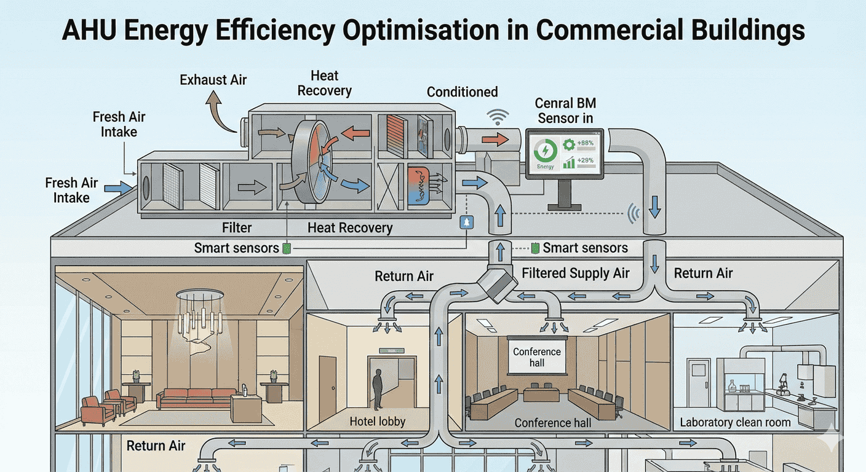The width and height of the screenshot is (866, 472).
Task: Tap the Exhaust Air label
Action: click(213, 80)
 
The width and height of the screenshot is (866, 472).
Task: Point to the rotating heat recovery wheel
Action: click(311, 162)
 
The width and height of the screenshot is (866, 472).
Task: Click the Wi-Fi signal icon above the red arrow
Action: click(498, 117)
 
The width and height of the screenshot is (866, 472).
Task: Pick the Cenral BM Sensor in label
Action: click(565, 110)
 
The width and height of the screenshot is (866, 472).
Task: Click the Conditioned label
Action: click(463, 92)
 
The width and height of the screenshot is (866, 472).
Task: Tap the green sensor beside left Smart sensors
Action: click(285, 248)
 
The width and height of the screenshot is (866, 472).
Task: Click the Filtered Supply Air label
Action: click(576, 273)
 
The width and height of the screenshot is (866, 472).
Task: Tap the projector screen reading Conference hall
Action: click(537, 357)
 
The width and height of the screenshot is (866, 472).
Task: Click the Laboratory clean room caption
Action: click(735, 423)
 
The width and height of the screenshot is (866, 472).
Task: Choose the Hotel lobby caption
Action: click(378, 422)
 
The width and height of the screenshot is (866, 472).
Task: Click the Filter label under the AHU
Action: click(237, 228)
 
